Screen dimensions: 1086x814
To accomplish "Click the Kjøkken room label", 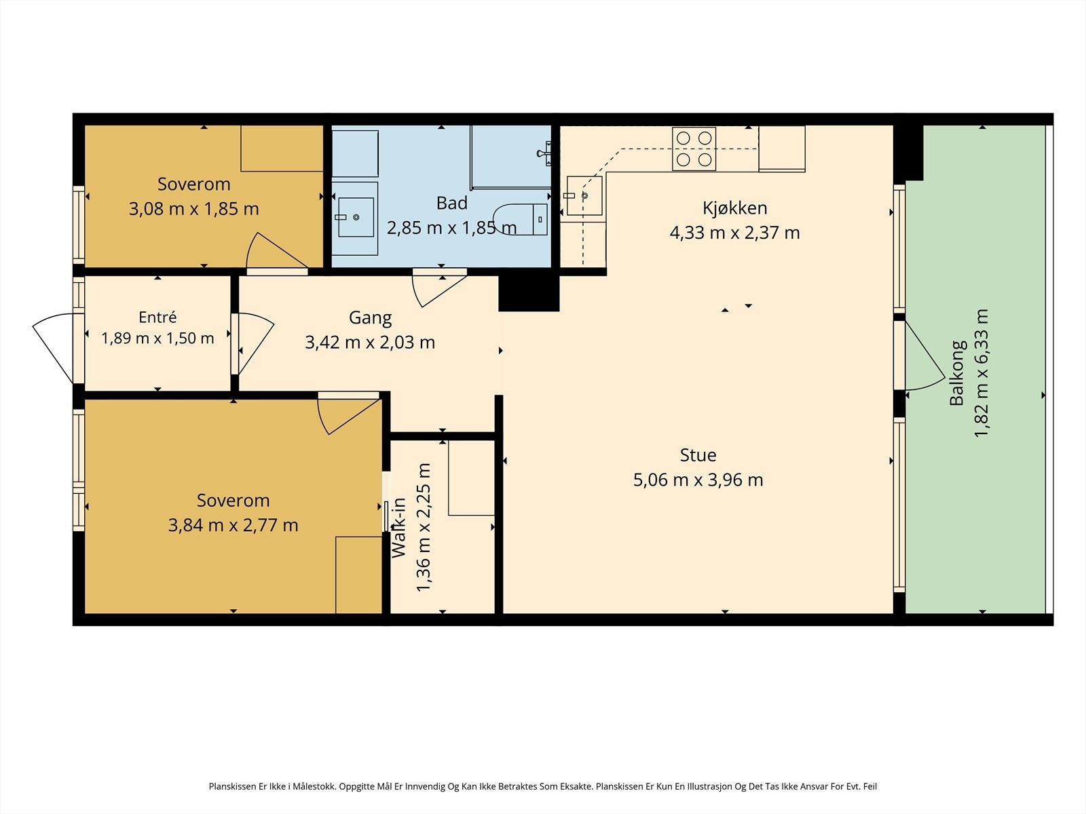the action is (734, 208).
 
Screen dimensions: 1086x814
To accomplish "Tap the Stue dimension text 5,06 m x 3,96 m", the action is (698, 480).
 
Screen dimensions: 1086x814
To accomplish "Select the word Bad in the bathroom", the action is (452, 203).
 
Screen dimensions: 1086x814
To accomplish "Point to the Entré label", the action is (157, 317).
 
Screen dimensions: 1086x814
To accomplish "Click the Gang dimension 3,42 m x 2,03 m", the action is (370, 342).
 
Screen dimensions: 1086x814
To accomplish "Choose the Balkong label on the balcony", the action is (957, 373).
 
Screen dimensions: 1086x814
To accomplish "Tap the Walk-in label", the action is (399, 528).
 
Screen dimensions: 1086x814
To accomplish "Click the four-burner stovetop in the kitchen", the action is (694, 149).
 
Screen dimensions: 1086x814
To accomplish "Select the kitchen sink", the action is (584, 196).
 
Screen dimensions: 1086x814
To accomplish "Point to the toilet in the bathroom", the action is (521, 219).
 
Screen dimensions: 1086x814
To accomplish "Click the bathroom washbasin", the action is (356, 218).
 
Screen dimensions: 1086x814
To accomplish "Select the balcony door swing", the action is (924, 356).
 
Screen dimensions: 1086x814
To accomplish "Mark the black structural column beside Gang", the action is (529, 293).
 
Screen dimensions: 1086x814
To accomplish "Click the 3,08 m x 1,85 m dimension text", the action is (194, 209).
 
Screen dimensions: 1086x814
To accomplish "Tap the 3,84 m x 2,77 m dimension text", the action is (233, 525).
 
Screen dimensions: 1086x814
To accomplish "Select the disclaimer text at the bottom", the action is (543, 786).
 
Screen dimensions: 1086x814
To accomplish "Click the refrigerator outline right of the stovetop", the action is (782, 149).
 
